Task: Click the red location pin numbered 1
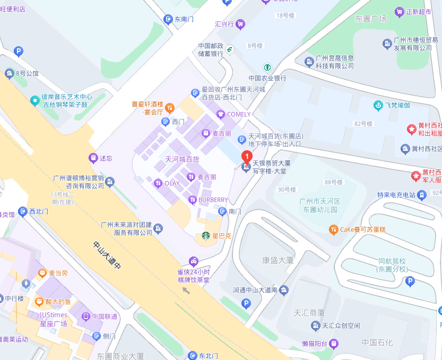click(246, 157)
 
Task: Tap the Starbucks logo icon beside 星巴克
click(205, 236)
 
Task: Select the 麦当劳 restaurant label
click(58, 273)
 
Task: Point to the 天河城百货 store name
click(182, 159)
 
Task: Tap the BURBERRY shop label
click(213, 200)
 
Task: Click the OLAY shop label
click(172, 183)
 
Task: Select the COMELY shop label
click(238, 114)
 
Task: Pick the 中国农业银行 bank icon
click(267, 67)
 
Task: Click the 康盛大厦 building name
click(278, 260)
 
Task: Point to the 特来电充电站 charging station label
click(396, 195)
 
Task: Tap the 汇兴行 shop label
click(224, 23)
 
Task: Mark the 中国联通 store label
click(104, 316)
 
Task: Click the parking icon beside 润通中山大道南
click(245, 303)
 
